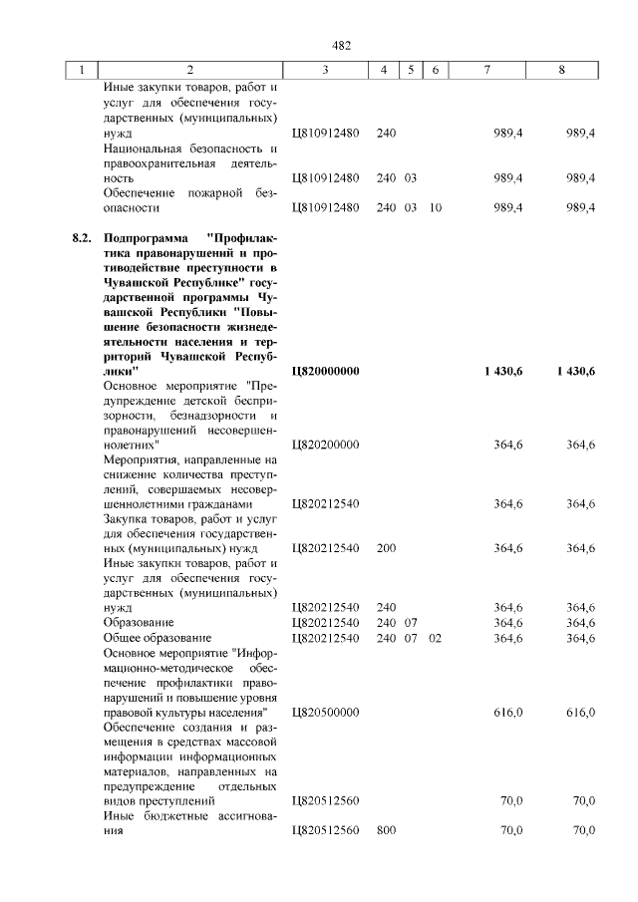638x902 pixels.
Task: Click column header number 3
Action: tap(325, 70)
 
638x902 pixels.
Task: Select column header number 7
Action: tap(485, 70)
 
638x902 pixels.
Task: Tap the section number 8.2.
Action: tap(82, 239)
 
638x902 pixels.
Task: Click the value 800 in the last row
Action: tap(387, 831)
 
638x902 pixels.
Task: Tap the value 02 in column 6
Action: tap(435, 638)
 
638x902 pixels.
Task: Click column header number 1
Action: tap(82, 70)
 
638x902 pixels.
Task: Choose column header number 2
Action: tap(189, 70)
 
